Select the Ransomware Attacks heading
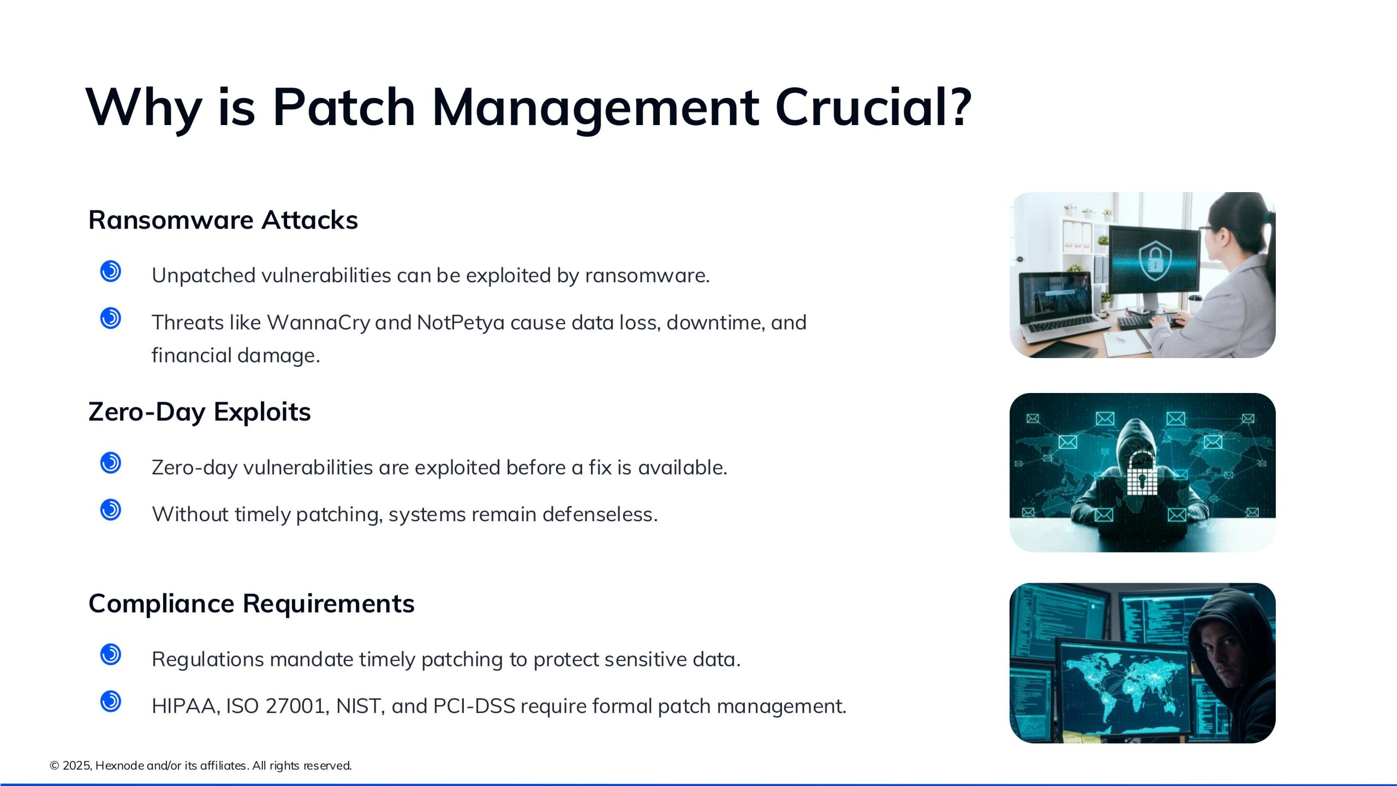pos(223,220)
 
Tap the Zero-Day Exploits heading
pos(200,412)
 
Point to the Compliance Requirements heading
pos(252,604)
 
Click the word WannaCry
pos(319,323)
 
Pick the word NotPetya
pos(461,323)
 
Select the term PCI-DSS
pos(474,706)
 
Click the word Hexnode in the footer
pos(120,766)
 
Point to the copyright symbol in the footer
pos(55,766)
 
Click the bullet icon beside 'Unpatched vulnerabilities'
pos(111,271)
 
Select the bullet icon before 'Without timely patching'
pos(111,510)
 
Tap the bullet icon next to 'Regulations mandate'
pos(111,654)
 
